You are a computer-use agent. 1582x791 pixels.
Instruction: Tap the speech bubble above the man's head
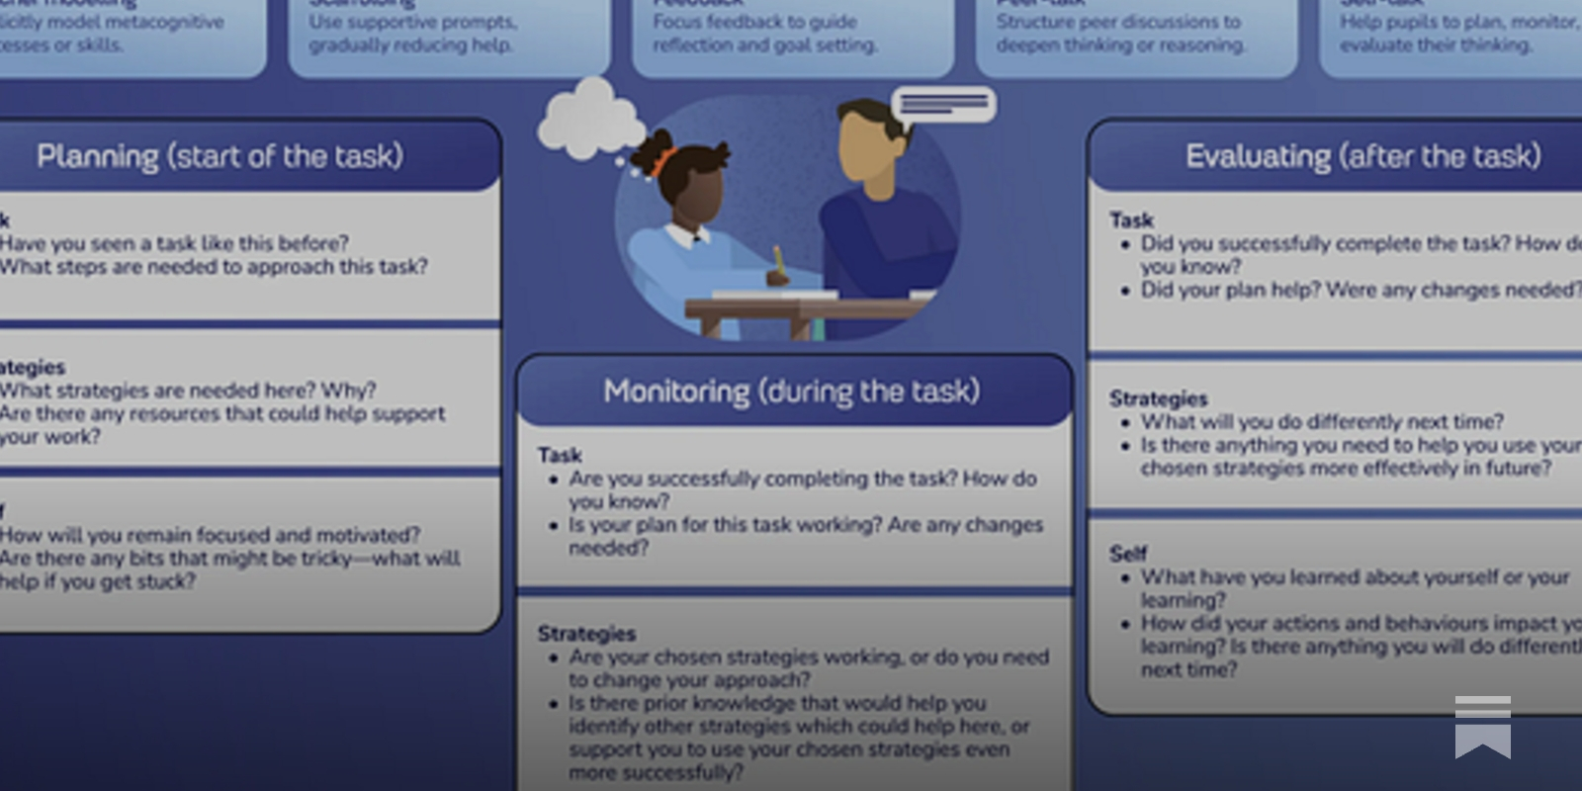pos(943,104)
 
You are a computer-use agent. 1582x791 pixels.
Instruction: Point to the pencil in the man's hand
pos(778,260)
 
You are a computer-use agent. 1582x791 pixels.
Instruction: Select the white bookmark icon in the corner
pos(1482,727)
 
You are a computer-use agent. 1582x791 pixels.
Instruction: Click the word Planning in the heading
pos(97,156)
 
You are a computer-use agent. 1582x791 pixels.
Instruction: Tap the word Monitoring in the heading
pos(676,392)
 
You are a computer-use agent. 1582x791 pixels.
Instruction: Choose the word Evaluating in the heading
pos(1258,156)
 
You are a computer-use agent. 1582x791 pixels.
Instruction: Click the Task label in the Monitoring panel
pos(560,455)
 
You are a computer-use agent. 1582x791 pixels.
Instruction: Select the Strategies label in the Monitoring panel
pos(586,633)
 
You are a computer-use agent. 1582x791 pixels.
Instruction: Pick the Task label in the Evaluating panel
pos(1131,220)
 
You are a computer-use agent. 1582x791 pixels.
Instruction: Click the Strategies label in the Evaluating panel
pos(1158,398)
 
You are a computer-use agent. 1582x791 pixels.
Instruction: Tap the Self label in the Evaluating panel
pos(1127,554)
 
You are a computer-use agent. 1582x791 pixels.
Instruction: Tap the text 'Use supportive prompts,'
pos(412,22)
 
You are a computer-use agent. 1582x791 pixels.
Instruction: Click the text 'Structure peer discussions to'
pos(1118,22)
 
